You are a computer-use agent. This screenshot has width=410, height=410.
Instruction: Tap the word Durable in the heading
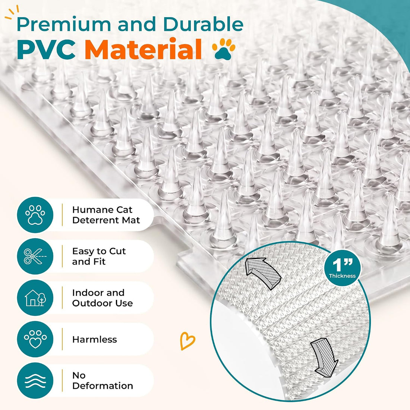[204, 24]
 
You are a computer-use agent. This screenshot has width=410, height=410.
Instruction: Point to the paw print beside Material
[224, 49]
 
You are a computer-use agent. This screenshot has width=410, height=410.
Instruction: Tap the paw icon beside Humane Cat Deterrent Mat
[35, 215]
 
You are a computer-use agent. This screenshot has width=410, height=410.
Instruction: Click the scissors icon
[35, 256]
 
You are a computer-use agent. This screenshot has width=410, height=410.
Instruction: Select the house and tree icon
[35, 297]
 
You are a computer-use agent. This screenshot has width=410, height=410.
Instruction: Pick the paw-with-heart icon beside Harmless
[35, 339]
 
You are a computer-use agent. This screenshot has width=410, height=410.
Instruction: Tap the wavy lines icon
[35, 381]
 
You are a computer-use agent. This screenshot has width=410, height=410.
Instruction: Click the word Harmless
[95, 340]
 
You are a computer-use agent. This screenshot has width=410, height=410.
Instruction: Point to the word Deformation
[103, 386]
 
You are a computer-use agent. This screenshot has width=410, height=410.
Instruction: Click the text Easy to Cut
[99, 251]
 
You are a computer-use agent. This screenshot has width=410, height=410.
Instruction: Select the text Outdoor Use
[102, 303]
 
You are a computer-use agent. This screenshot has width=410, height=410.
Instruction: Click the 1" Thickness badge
[342, 268]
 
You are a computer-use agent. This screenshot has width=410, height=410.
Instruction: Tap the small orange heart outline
[187, 341]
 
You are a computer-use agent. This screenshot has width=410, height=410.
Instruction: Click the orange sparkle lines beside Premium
[12, 13]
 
